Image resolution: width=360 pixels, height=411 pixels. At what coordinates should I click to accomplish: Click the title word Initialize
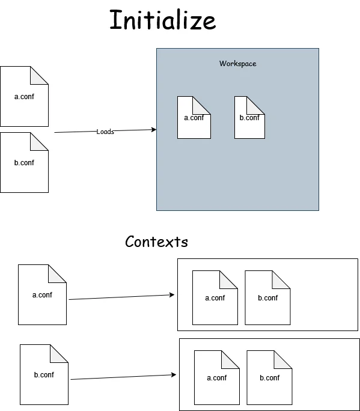(162, 20)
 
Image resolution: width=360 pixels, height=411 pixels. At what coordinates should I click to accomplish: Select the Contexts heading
(156, 242)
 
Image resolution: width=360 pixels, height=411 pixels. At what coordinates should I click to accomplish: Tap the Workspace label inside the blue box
(237, 64)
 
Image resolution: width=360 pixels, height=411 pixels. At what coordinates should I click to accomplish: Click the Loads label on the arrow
(105, 132)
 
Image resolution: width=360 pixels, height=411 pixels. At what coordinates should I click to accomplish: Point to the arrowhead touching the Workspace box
(154, 130)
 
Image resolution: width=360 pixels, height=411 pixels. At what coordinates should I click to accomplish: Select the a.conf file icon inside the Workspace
(194, 118)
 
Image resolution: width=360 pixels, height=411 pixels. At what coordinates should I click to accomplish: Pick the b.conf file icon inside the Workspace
(249, 118)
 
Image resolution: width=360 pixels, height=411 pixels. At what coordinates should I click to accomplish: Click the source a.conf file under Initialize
(24, 97)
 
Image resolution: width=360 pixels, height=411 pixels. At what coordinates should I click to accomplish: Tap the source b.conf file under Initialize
(24, 163)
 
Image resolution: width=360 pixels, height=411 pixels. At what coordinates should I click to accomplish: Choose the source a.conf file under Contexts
(42, 295)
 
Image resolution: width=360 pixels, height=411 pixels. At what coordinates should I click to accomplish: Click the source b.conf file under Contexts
(44, 374)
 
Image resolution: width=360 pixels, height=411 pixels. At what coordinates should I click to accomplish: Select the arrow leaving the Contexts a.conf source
(120, 297)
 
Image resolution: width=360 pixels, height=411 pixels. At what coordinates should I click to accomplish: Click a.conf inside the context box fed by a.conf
(215, 298)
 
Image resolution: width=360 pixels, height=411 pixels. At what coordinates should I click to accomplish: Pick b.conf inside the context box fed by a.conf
(267, 298)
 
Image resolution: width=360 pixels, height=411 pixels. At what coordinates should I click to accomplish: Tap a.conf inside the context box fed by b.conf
(216, 378)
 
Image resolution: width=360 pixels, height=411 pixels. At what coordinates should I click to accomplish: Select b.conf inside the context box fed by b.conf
(269, 378)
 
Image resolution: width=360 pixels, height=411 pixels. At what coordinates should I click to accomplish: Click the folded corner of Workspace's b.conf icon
(257, 103)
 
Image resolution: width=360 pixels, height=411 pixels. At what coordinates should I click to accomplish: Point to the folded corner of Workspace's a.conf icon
(204, 103)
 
